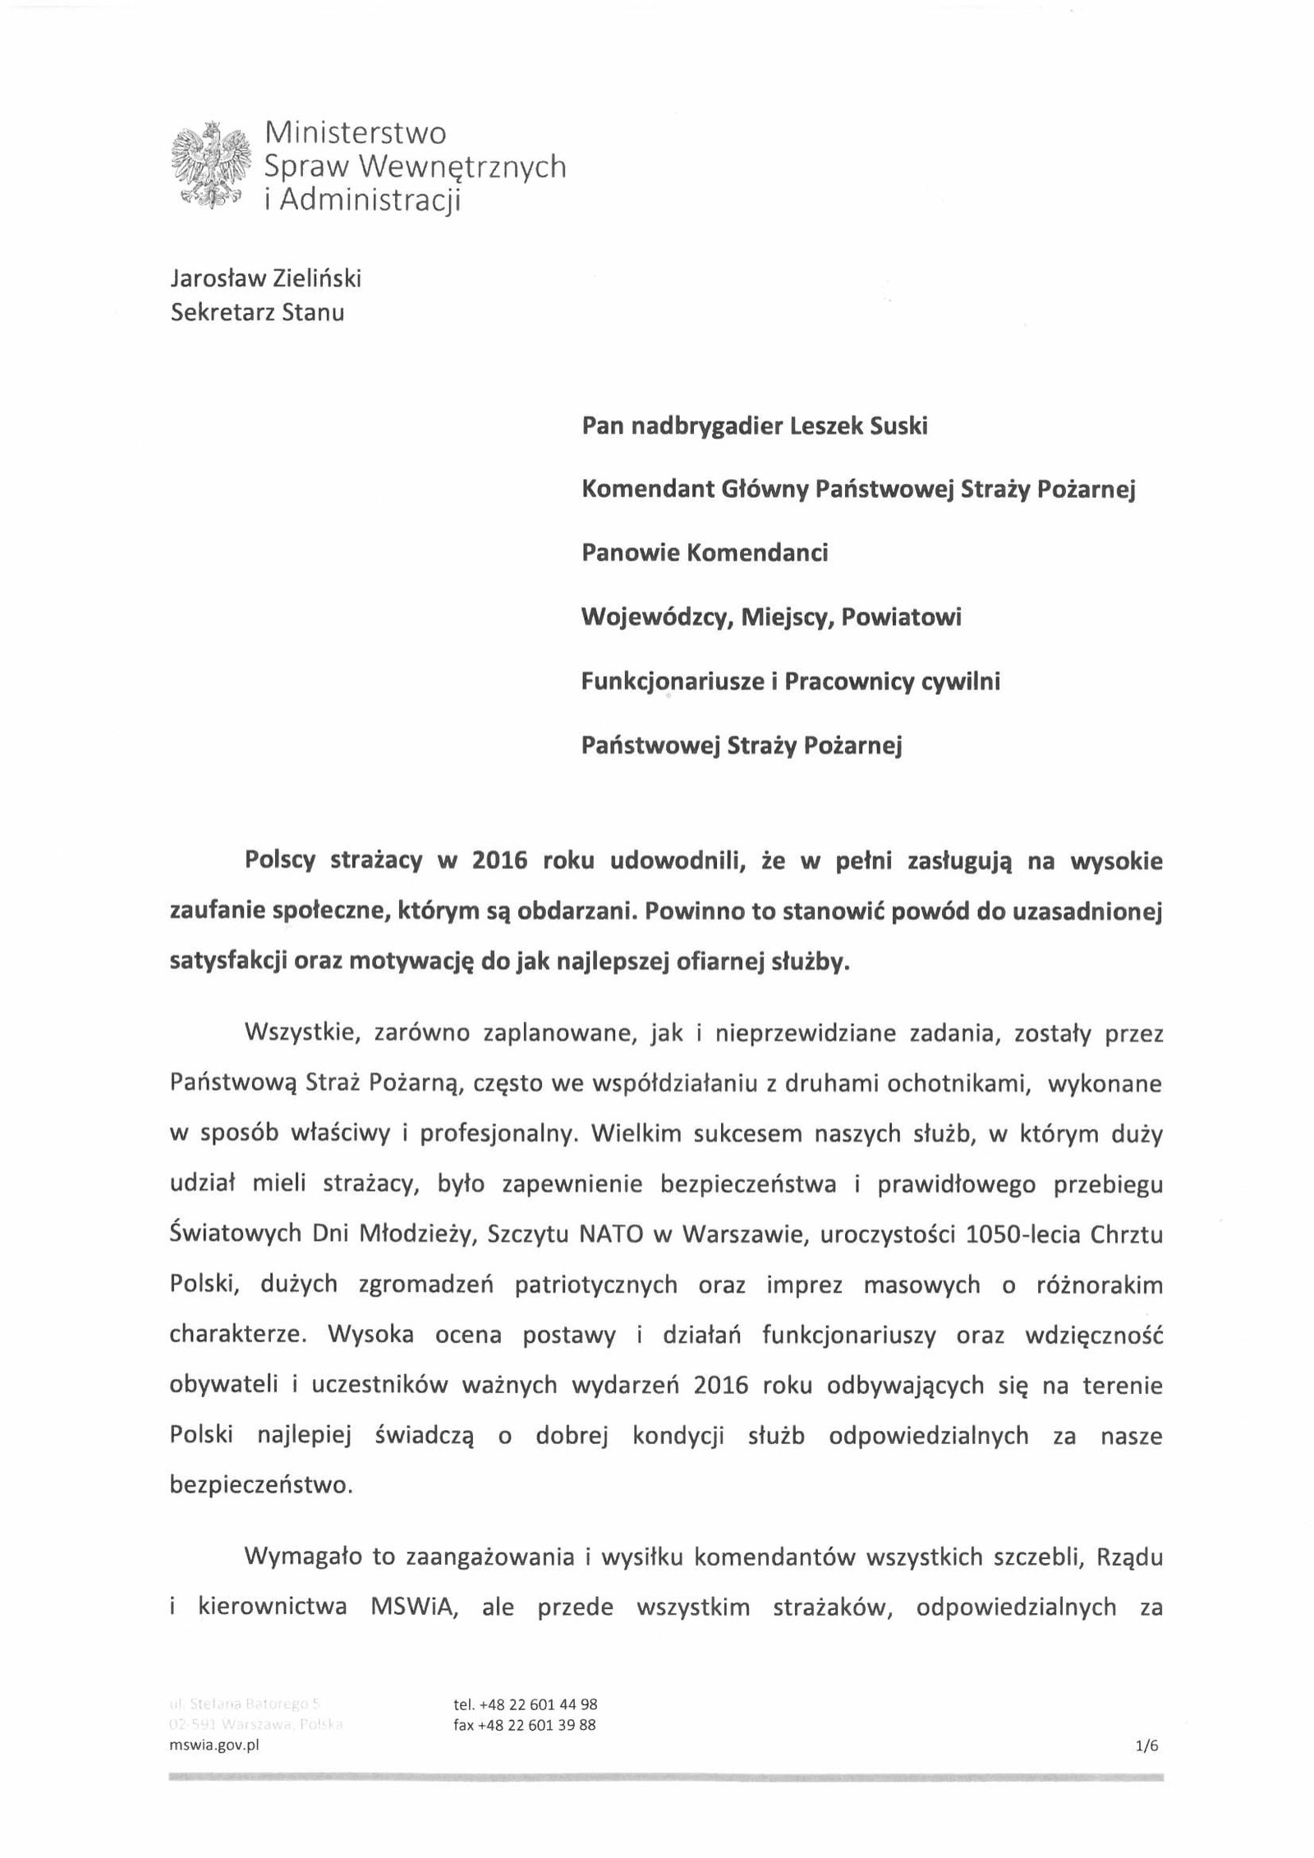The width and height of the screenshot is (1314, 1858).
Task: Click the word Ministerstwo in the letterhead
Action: (355, 133)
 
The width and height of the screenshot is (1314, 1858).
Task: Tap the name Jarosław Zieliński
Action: (265, 279)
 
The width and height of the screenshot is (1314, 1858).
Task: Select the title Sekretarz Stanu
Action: (257, 313)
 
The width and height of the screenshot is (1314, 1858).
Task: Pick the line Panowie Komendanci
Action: (705, 553)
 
